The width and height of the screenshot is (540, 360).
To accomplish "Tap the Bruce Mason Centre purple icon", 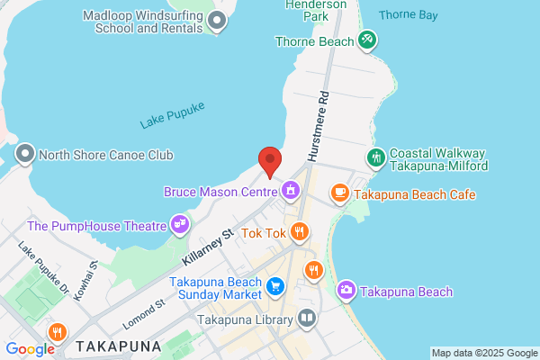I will point(291,190).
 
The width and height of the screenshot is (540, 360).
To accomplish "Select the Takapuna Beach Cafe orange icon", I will point(339,193).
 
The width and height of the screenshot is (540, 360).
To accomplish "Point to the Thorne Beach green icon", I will point(366,40).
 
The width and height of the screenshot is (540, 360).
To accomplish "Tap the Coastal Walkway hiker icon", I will point(377,157).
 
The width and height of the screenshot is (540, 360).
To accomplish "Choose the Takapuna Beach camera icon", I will point(346,291).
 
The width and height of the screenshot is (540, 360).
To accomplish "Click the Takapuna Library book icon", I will point(306,319).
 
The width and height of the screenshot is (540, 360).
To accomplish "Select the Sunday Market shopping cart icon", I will point(276,287).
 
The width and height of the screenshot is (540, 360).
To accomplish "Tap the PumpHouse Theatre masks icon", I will point(180,223).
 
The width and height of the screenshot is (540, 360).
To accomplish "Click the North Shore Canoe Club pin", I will point(24,154).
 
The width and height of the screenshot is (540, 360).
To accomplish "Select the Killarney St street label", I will point(207,247).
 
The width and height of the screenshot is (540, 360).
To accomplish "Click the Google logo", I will point(30,349).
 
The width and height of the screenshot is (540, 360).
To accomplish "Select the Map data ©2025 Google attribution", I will point(483,352).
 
